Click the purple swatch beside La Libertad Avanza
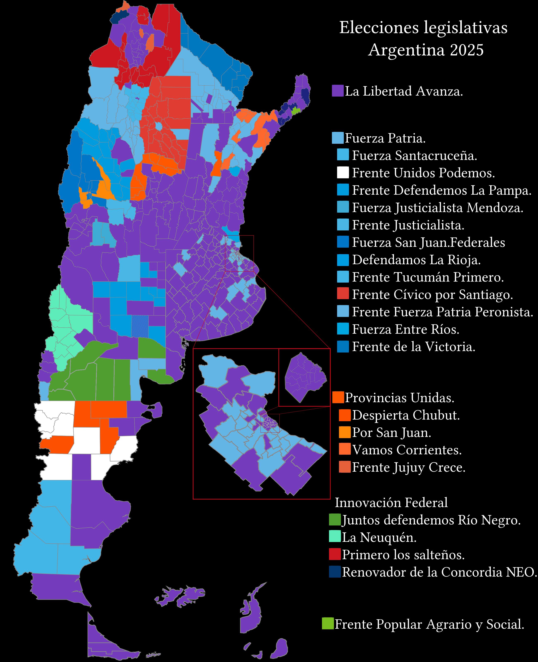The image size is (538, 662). coord(337,91)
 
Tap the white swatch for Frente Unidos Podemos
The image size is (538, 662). coord(343,173)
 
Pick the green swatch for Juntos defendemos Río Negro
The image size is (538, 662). coord(335,519)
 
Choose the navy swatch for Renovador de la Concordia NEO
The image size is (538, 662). coord(335,572)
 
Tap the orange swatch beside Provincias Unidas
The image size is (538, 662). coord(338,397)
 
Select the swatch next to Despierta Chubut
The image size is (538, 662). coord(345,415)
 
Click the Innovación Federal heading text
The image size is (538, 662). coord(391,502)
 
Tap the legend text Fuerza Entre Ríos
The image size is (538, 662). coord(405,329)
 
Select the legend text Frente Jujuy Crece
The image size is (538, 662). coord(408,467)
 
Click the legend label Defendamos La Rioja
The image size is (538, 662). coord(416,260)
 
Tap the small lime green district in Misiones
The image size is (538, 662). coord(296,110)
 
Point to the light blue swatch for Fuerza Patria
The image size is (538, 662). coord(338,138)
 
